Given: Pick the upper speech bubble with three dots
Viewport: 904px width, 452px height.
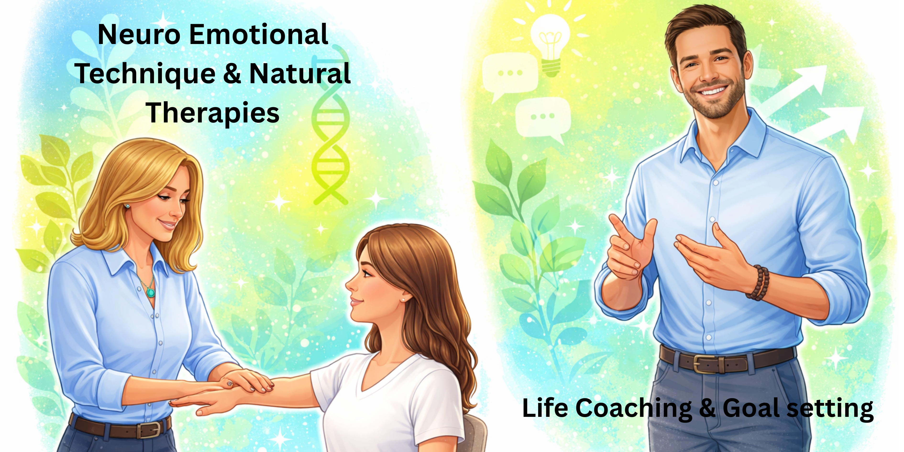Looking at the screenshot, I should [510, 74].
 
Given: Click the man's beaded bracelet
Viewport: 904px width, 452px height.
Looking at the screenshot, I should [760, 282].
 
